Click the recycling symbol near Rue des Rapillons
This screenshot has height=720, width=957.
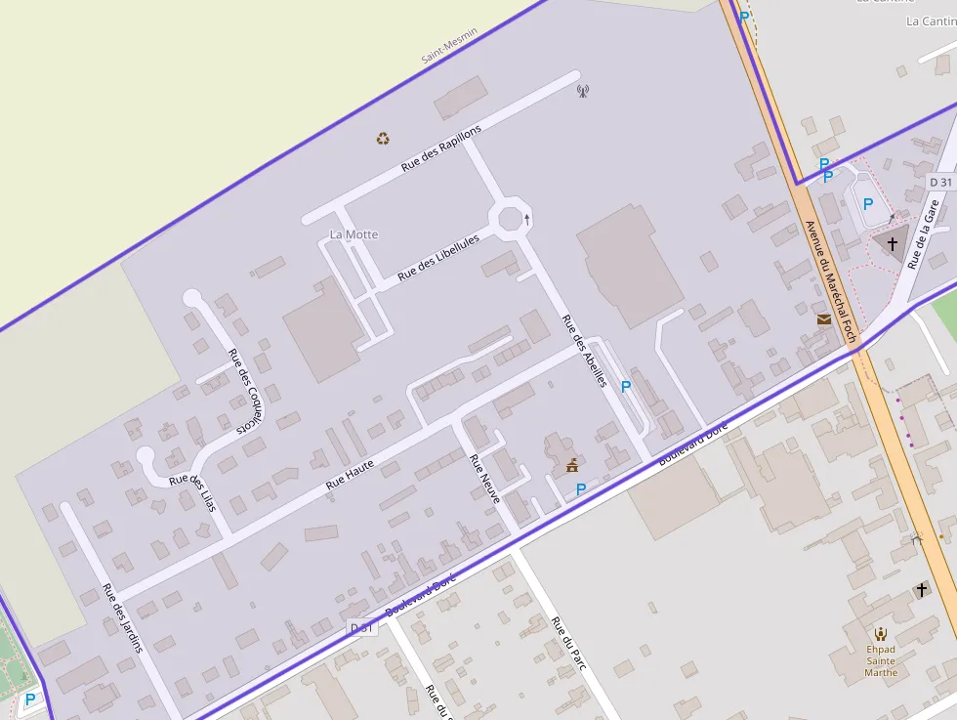click(x=383, y=139)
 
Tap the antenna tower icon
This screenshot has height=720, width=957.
click(x=583, y=92)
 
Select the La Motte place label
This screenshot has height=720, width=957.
click(x=354, y=234)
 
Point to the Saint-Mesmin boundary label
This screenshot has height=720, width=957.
click(x=449, y=46)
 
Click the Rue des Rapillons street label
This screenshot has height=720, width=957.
click(x=441, y=149)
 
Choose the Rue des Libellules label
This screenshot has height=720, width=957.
click(x=438, y=259)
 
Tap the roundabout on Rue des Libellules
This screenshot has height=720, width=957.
click(x=510, y=218)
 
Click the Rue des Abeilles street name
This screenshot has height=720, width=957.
click(x=584, y=351)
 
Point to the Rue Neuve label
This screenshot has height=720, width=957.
click(x=484, y=479)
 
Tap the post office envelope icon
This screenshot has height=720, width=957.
click(x=824, y=318)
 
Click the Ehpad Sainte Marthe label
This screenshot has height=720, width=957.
click(x=881, y=660)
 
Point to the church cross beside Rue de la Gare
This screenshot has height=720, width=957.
click(x=892, y=243)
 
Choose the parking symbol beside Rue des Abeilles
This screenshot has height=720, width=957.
click(x=626, y=387)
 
